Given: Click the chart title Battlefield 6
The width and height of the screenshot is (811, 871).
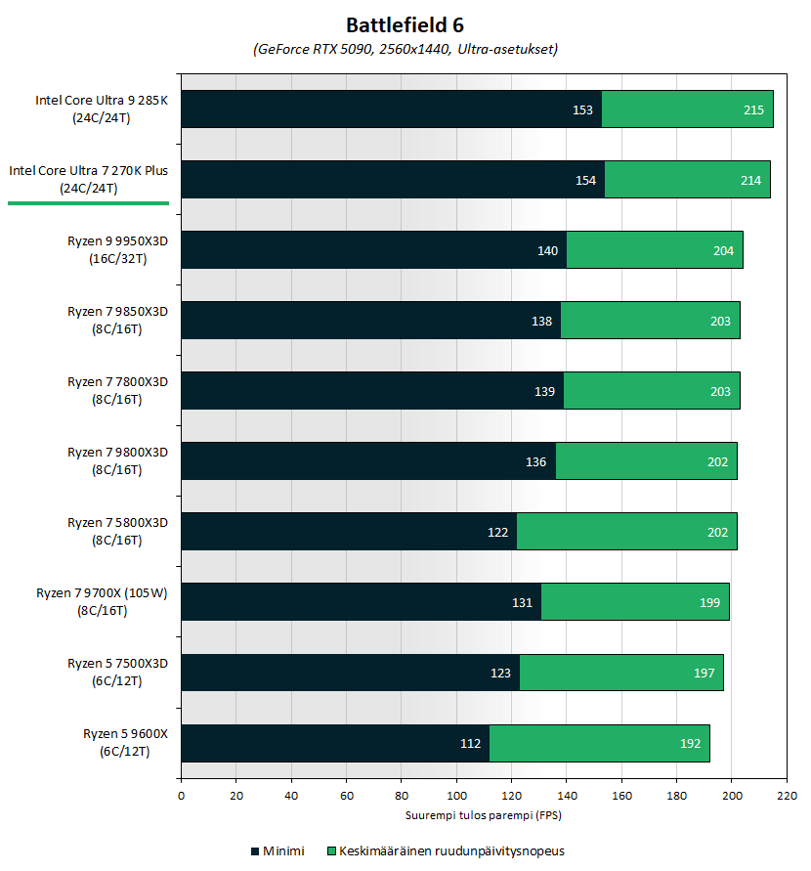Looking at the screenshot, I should pos(405,23).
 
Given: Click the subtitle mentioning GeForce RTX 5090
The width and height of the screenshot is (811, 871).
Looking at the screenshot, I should pos(405,48).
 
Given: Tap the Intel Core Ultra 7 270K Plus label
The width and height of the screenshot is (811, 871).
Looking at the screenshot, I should pos(89,179).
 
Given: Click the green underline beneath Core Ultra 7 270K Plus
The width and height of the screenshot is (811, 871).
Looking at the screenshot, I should pos(89,203).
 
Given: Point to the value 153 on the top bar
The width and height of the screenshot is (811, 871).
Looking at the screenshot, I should pos(582,109).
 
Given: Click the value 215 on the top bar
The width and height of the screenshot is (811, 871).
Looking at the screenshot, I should pos(753,109).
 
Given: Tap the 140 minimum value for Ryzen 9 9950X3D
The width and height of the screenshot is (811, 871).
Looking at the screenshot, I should pos(547,250).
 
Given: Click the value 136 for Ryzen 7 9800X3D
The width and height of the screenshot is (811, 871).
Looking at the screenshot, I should pos(536,461).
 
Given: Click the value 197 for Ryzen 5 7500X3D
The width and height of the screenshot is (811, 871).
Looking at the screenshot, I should pos(704,673).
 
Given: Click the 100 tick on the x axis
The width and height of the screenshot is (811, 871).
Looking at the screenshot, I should pos(456,796).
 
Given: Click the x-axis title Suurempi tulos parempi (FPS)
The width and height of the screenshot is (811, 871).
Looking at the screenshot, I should pos(484,815).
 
